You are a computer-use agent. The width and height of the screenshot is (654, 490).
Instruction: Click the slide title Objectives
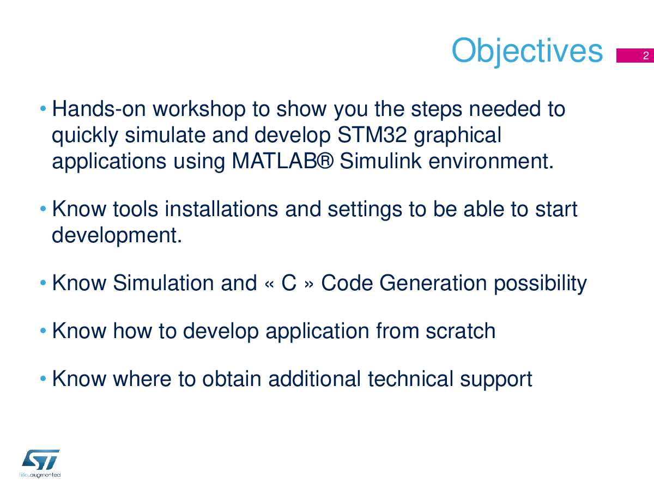tap(527, 51)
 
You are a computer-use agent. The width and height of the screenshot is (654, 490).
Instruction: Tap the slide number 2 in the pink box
tap(646, 56)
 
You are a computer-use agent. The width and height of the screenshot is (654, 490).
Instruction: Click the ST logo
tap(40, 460)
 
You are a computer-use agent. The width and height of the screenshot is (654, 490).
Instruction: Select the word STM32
tap(372, 135)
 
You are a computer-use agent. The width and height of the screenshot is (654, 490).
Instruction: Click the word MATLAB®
tap(282, 161)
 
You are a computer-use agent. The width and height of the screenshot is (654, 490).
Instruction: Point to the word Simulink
tap(380, 161)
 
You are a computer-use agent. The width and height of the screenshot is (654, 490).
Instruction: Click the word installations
tap(221, 209)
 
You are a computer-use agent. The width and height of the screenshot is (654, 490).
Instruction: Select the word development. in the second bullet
tap(117, 236)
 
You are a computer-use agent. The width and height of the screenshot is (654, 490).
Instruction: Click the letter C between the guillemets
tap(289, 283)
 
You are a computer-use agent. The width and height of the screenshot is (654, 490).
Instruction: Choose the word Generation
tap(433, 283)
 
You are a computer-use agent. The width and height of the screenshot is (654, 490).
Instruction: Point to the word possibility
tap(540, 283)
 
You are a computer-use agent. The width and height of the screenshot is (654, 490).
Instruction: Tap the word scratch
tap(461, 331)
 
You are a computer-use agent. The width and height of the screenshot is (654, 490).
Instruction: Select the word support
tap(496, 380)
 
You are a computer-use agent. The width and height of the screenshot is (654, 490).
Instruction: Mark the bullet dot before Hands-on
tap(43, 108)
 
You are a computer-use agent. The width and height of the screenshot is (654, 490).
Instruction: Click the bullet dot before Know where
tap(43, 378)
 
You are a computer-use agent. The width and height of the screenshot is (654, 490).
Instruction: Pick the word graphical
tap(458, 136)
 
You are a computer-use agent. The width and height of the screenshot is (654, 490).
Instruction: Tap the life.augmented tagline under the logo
tap(40, 475)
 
